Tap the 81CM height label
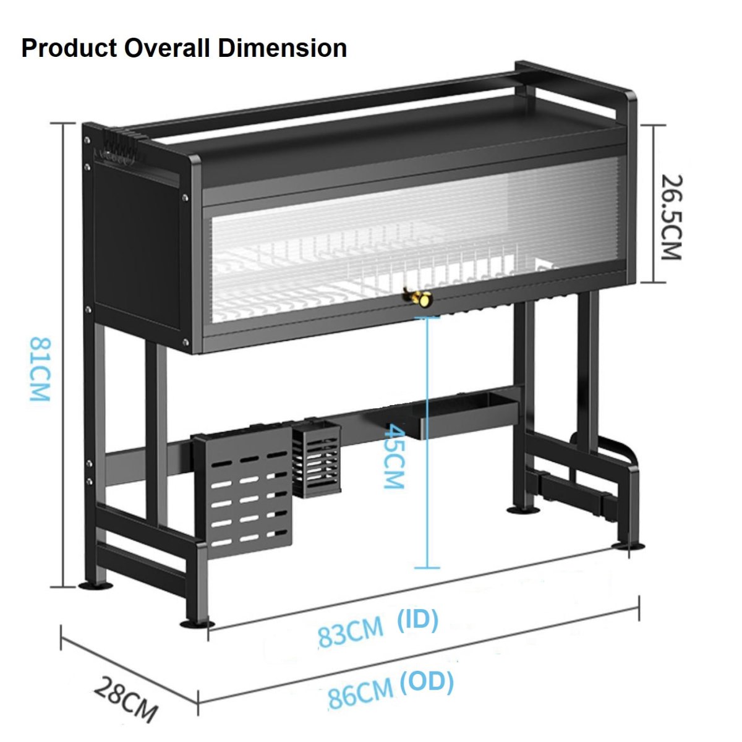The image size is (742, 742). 40,369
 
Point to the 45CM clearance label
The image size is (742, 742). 393,456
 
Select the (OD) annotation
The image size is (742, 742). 427,683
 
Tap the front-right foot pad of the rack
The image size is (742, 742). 628,545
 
